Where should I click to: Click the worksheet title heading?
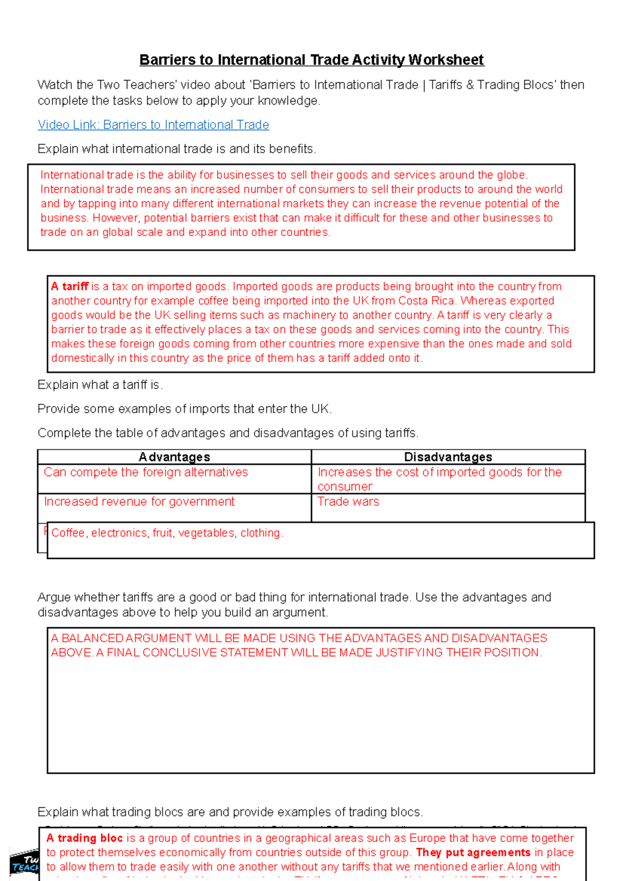point(311,60)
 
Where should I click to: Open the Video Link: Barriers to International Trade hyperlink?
point(153,125)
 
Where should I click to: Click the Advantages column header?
point(174,457)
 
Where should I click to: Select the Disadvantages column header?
point(448,457)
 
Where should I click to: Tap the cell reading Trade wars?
point(348,502)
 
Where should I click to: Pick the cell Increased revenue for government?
point(139,502)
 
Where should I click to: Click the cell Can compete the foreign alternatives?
point(146,472)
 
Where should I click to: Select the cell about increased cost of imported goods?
point(439,478)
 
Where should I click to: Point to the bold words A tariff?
point(70,286)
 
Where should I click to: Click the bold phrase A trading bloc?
point(85,838)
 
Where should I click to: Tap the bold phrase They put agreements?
point(473,852)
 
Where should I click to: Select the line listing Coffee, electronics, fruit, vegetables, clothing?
point(167,533)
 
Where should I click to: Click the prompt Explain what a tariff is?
point(100,385)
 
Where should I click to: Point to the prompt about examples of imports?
point(184,409)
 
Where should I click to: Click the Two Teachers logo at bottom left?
point(24,864)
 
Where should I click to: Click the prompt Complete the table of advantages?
point(227,433)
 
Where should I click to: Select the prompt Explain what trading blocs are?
point(230,812)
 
